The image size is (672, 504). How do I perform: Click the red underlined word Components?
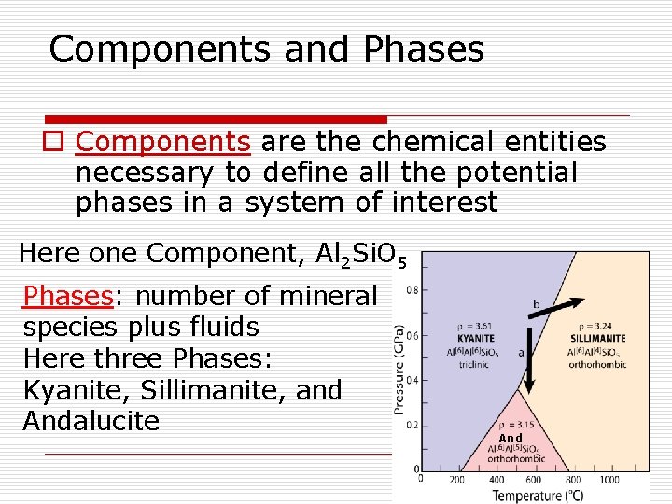point(162,142)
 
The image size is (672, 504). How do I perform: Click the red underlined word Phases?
point(67,296)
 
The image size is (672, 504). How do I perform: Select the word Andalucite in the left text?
point(91,421)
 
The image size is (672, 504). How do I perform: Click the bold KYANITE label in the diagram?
point(475,337)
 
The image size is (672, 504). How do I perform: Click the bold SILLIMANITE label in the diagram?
point(597,337)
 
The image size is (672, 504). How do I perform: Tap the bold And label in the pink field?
point(511,438)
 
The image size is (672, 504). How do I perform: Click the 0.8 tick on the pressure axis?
point(411,288)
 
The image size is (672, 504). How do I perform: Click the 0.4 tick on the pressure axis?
point(411,380)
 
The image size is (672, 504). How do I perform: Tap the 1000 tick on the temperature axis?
point(609,479)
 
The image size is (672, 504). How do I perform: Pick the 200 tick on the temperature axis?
point(456,479)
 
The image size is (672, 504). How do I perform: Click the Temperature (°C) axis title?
point(539,495)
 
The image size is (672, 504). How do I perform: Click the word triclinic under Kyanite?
point(474,363)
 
